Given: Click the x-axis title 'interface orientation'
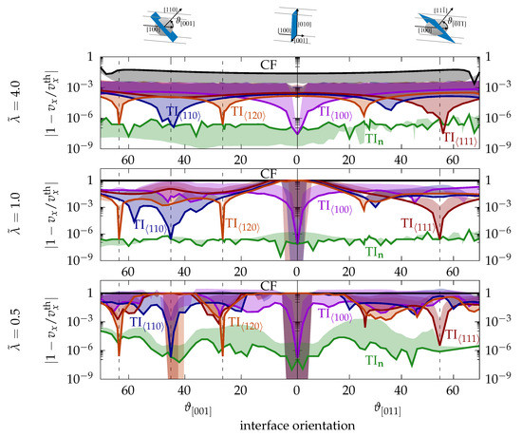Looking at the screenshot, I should point(298,424).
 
